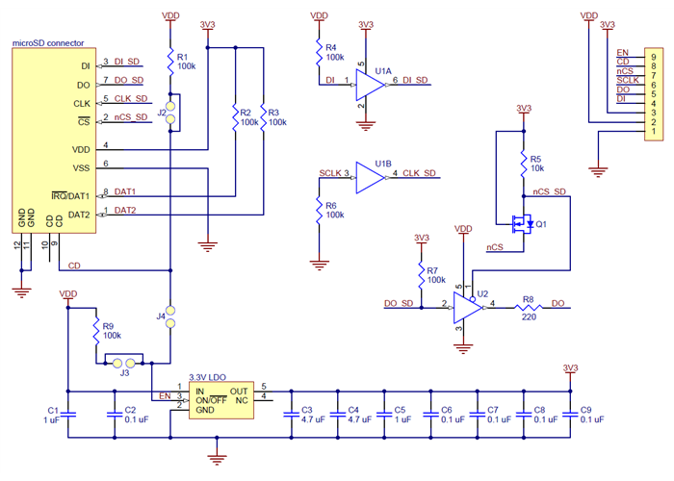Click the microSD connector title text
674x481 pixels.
[x=46, y=43]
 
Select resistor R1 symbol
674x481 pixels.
[x=170, y=63]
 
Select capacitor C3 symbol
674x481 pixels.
[x=291, y=413]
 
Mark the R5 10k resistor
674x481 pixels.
[x=523, y=160]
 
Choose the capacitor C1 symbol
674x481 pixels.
[x=68, y=414]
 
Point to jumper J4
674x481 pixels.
[x=170, y=316]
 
